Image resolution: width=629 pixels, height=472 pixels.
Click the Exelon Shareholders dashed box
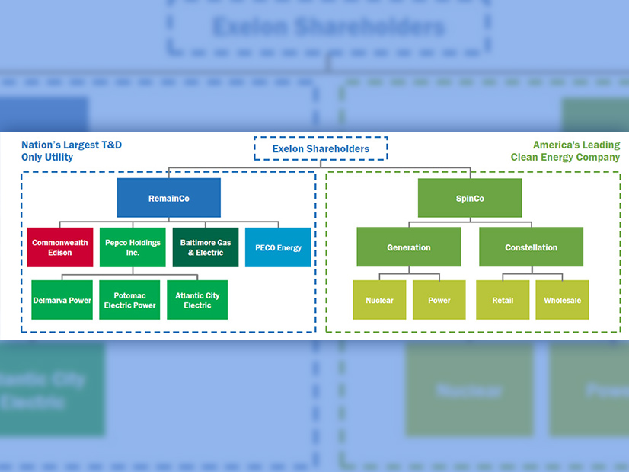pos(320,148)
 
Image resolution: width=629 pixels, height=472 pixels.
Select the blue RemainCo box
pos(168,198)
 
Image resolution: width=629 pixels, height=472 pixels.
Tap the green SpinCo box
pos(470,198)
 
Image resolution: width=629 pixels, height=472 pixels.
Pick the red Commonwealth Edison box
pos(60,247)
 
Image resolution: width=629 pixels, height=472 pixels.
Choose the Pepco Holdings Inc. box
pos(133,247)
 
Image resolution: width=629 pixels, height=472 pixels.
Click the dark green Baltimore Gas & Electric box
pos(205,247)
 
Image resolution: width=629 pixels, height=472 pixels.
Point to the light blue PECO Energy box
pos(278,247)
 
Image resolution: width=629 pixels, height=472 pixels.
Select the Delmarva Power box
pos(62,300)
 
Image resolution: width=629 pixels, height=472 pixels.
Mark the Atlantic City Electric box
pos(197,300)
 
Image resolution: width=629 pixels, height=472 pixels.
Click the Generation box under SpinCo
pos(409,247)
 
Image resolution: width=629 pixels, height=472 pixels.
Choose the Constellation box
pos(531,247)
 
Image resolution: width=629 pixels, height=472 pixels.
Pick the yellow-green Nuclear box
pos(379,300)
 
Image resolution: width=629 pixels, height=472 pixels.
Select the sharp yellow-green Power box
pos(439,300)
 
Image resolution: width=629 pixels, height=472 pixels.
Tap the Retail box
pos(503,300)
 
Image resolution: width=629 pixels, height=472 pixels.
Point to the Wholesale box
pos(562,300)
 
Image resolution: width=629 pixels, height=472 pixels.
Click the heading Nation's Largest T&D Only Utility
pos(72,151)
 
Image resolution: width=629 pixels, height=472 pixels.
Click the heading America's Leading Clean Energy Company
pos(565,151)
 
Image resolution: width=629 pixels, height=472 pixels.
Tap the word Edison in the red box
pos(59,253)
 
